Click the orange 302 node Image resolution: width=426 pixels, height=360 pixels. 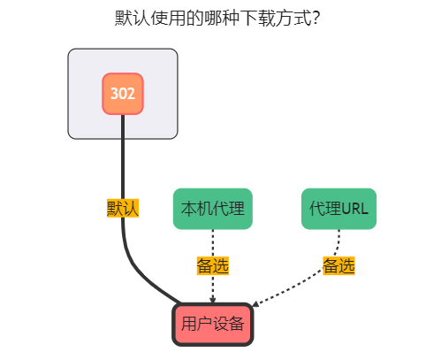tap(123, 93)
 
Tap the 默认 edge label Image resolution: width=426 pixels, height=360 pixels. tap(123, 208)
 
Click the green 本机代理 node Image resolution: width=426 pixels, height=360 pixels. tap(213, 209)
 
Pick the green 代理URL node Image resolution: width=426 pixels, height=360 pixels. tap(339, 209)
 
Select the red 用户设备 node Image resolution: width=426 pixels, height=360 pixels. tap(213, 324)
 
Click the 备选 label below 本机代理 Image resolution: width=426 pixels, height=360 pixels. tap(213, 265)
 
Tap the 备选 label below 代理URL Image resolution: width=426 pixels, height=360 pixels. tap(339, 265)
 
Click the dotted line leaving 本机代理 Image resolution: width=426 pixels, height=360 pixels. tap(213, 242)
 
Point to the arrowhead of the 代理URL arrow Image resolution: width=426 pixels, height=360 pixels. tap(257, 305)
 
